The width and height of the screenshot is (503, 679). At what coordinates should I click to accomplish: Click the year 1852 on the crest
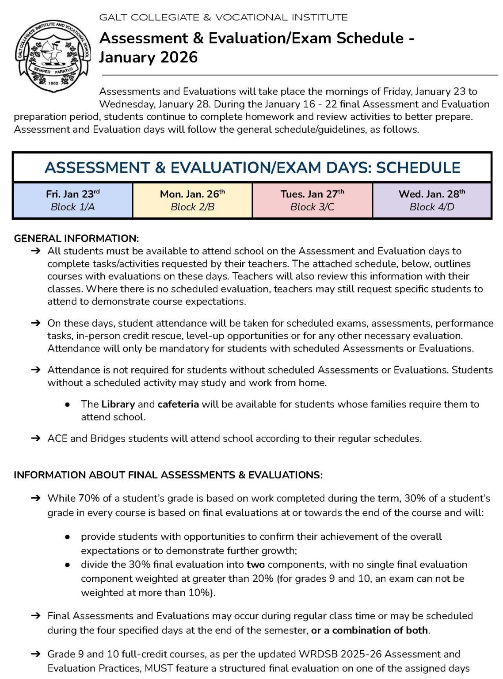coord(53,83)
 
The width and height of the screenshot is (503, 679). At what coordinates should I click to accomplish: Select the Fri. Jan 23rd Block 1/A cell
coord(73,200)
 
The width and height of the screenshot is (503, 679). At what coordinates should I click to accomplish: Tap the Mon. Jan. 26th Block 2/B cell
coord(192,200)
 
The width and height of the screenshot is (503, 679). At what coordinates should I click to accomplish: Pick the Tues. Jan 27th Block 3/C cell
coord(312,200)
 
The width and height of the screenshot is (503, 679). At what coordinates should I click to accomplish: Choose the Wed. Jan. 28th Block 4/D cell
coord(432,200)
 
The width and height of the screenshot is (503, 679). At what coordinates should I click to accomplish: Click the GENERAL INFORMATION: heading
coord(76,238)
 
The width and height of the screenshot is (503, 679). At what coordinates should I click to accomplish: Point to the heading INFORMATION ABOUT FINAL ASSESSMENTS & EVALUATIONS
coord(168,475)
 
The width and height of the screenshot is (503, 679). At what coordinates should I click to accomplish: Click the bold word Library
coord(118,404)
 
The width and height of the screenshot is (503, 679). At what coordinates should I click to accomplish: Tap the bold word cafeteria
coord(178,404)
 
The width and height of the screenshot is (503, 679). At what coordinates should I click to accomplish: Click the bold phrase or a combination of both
coord(370,630)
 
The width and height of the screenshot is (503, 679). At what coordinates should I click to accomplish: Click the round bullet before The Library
coord(68,404)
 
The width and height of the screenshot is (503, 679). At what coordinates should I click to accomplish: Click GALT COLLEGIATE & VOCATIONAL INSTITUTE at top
coord(223,18)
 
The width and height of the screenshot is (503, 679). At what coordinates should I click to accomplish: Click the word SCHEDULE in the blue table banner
coord(418,168)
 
